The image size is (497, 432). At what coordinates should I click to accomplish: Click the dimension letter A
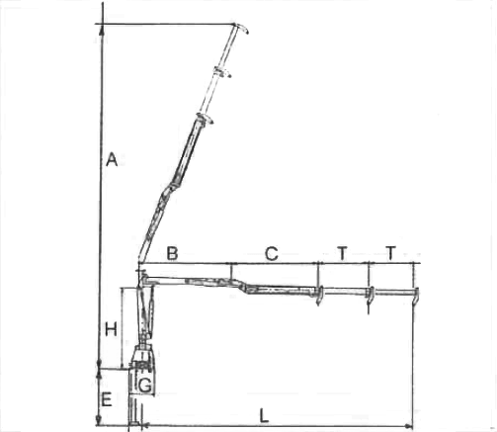(112, 159)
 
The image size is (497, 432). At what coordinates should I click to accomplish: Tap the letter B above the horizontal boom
(172, 253)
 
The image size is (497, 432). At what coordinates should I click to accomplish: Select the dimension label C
(272, 254)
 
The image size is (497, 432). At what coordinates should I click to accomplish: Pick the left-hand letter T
(343, 253)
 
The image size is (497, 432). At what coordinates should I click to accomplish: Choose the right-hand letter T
(390, 253)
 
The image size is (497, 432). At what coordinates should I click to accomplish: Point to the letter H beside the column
(111, 329)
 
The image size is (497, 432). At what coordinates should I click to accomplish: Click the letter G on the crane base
(145, 386)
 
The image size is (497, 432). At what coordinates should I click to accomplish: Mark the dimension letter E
(107, 399)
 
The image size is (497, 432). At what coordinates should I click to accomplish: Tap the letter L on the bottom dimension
(264, 416)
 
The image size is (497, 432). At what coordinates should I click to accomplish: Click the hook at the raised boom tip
(241, 28)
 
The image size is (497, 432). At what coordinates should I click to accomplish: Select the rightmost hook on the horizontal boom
(416, 296)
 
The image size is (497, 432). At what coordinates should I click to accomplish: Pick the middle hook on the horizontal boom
(371, 296)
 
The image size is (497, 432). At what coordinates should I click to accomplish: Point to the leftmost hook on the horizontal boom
(319, 296)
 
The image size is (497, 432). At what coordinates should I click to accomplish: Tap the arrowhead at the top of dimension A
(102, 29)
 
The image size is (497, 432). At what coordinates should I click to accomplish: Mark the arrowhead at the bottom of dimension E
(98, 420)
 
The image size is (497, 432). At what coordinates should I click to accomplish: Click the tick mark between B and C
(231, 271)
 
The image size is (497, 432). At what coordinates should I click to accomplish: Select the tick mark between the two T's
(369, 274)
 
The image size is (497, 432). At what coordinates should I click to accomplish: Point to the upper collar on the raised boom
(221, 72)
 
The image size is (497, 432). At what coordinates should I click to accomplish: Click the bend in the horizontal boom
(243, 286)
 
